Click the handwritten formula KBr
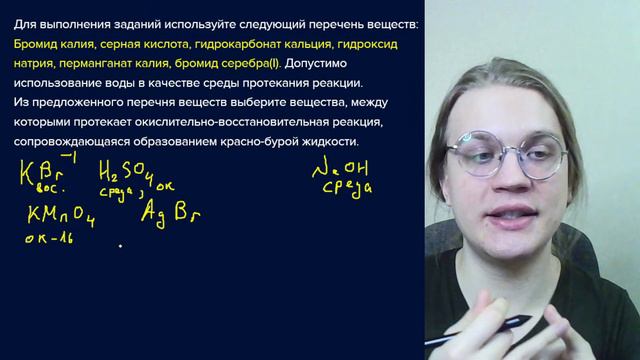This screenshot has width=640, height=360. [x=42, y=172]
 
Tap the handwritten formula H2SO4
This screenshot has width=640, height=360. [x=130, y=172]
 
